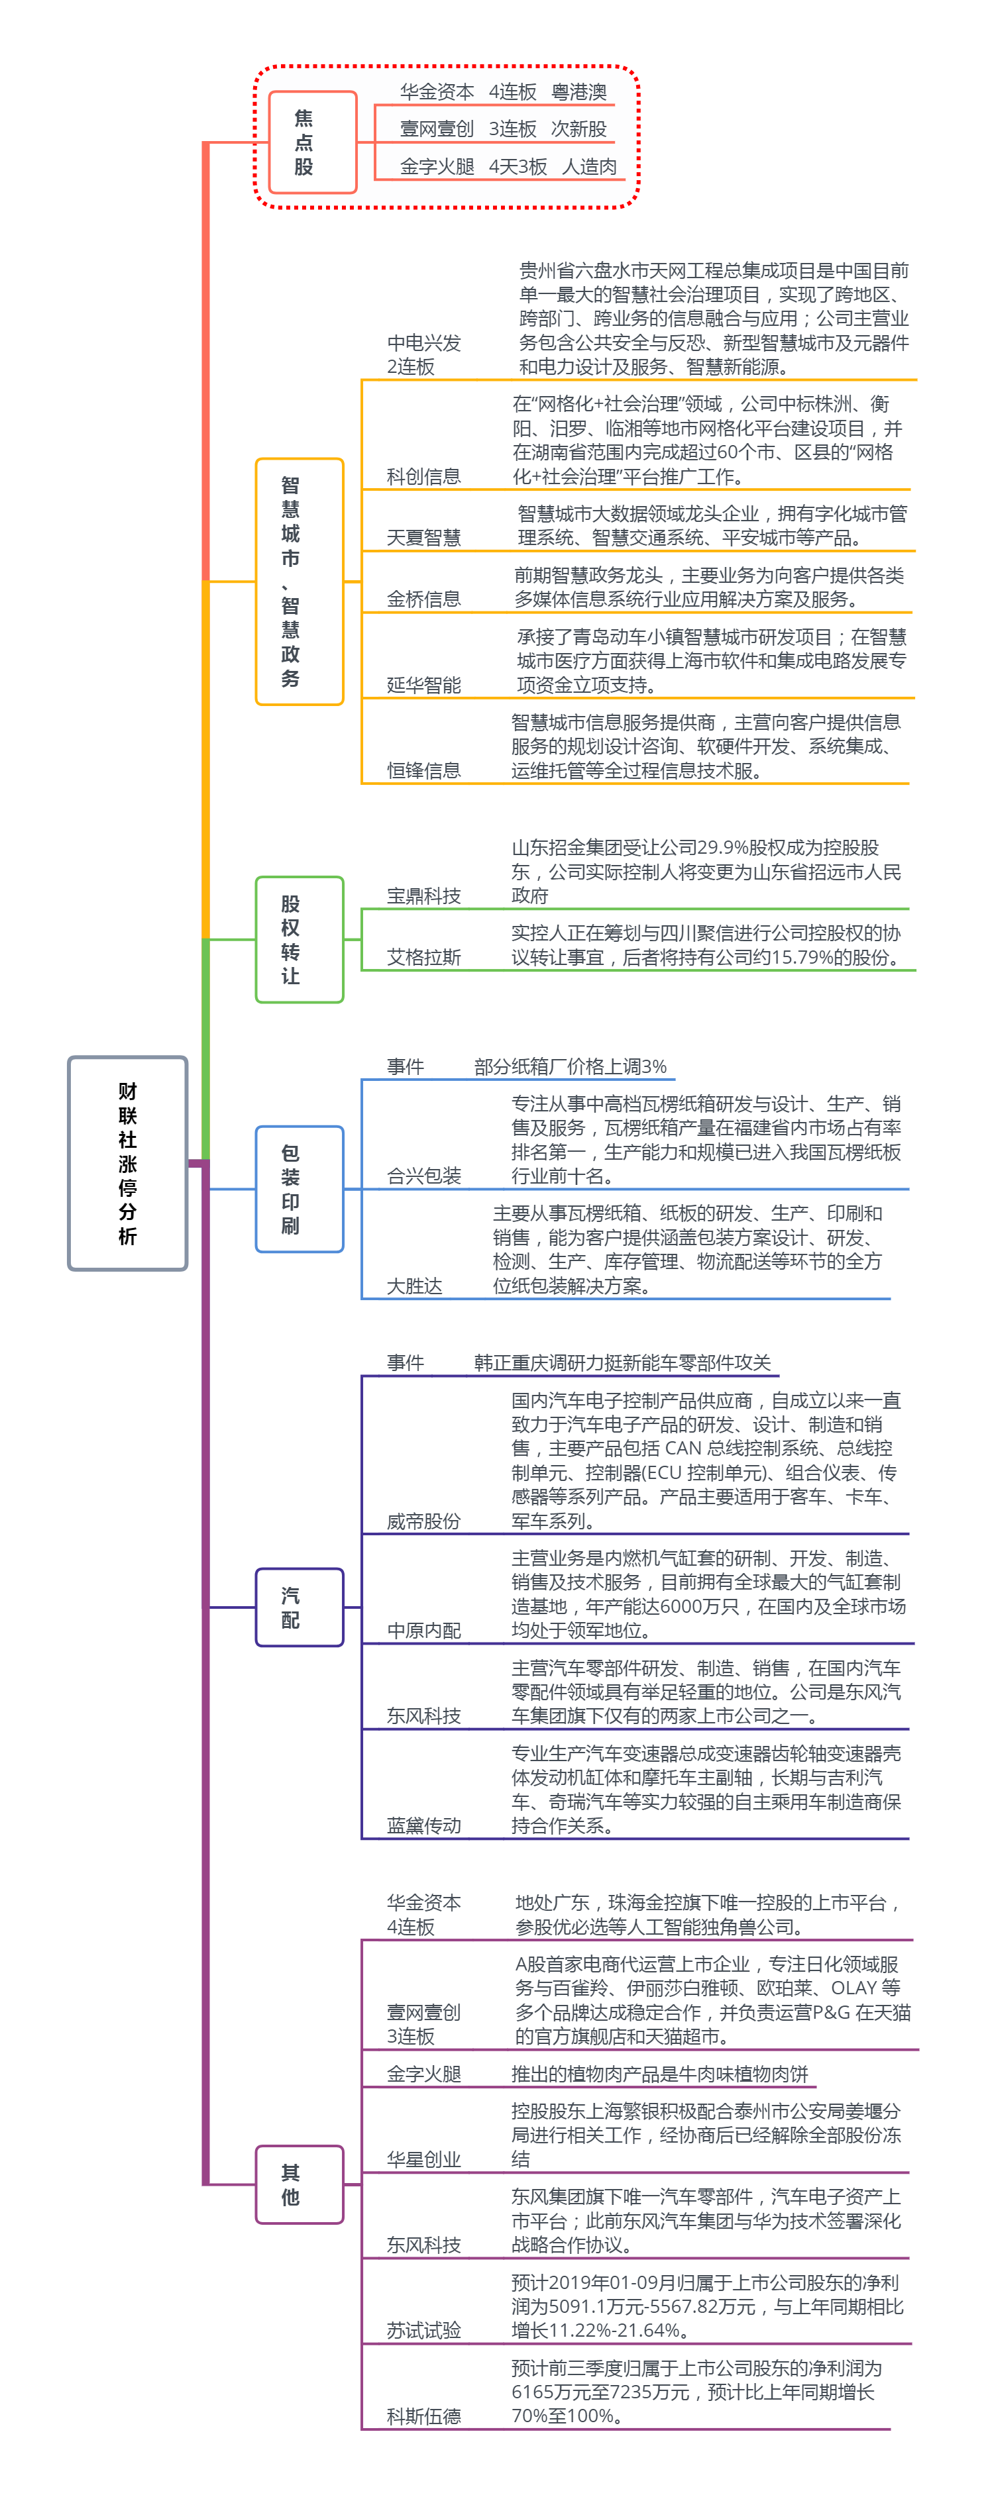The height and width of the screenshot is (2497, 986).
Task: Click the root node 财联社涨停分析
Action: point(127,1162)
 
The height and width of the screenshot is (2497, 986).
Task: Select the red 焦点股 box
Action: point(312,142)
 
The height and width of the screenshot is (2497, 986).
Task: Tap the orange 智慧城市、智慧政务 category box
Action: point(299,581)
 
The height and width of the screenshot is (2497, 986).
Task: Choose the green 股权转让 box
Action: point(299,939)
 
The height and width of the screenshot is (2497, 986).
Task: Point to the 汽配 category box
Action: point(299,1607)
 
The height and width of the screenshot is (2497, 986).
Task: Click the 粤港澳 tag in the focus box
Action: point(578,92)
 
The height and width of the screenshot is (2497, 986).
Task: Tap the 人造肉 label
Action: point(590,167)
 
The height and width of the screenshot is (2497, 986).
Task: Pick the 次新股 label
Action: point(578,129)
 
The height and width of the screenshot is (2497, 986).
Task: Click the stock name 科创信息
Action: point(423,476)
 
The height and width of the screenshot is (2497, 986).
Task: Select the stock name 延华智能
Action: point(423,686)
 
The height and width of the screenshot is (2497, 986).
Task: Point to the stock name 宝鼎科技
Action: point(423,895)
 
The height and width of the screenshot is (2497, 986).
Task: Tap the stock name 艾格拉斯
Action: point(423,958)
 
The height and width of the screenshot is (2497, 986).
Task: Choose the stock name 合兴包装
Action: point(423,1176)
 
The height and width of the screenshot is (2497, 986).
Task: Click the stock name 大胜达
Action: point(414,1286)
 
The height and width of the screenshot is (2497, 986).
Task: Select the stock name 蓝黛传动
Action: point(423,1826)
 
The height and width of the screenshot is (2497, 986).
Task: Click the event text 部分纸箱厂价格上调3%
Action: point(570,1066)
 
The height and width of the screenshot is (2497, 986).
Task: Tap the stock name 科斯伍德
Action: point(423,2417)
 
